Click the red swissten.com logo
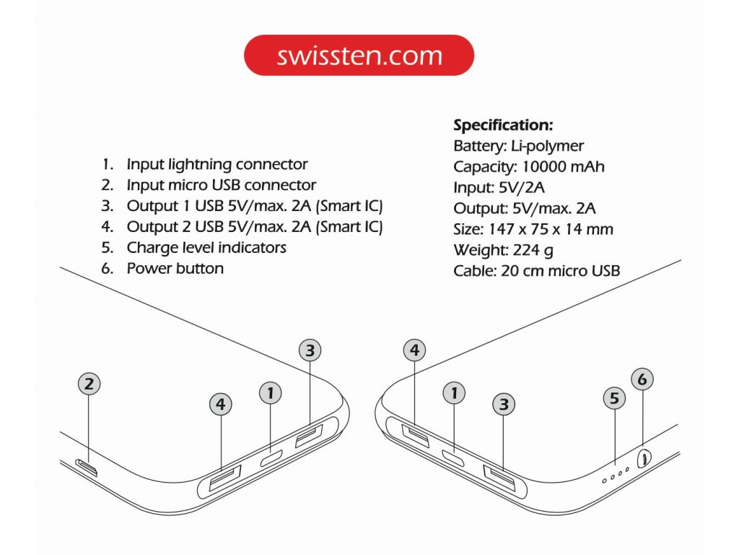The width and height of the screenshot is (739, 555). (x=359, y=55)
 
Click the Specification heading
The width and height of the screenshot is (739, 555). (x=503, y=125)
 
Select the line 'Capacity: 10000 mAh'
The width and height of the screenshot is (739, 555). (x=529, y=167)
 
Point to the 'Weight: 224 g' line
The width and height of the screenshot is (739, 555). (x=504, y=251)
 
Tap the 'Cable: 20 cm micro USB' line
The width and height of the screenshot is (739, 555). (x=537, y=272)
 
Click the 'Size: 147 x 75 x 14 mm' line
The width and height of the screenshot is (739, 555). (x=533, y=230)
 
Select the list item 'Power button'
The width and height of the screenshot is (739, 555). (x=175, y=268)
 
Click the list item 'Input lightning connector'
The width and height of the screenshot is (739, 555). (x=217, y=164)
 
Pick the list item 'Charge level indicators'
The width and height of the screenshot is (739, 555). (x=206, y=247)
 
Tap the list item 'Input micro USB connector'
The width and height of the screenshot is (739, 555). (x=221, y=185)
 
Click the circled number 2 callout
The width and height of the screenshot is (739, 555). (x=88, y=384)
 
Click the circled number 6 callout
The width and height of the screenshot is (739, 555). (x=642, y=378)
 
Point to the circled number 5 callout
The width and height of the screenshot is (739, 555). (x=614, y=397)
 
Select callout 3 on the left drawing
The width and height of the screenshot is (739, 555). (x=310, y=350)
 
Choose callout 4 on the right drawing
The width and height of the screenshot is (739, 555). (x=414, y=350)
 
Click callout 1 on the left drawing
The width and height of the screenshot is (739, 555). (x=270, y=393)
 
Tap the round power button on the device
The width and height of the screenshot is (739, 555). (x=644, y=457)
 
